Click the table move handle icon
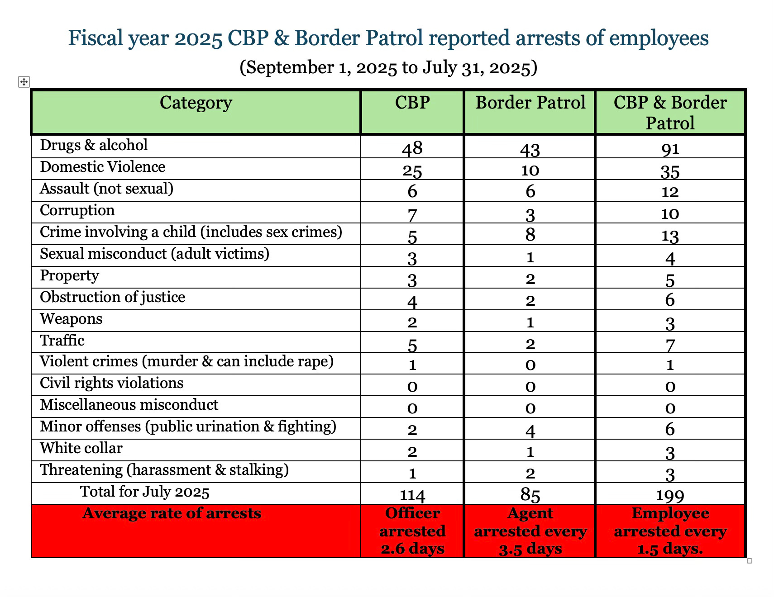pos(24,82)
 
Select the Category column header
pos(196,104)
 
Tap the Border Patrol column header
pos(530,104)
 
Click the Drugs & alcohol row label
pos(94,145)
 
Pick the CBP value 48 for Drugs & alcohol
pos(412,148)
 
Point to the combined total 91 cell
pos(670,149)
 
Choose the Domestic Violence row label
pos(103,167)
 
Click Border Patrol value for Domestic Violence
pos(530,170)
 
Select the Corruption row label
pos(77,210)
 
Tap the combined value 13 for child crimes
pos(670,236)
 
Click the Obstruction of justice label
pos(113,297)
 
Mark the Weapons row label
pos(71,319)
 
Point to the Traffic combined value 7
pos(670,345)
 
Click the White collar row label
pos(81,448)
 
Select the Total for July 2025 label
pos(145,492)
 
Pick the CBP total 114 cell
pos(412,495)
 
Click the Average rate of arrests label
pos(172,514)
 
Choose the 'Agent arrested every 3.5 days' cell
pos(530,531)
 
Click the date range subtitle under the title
pos(388,67)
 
